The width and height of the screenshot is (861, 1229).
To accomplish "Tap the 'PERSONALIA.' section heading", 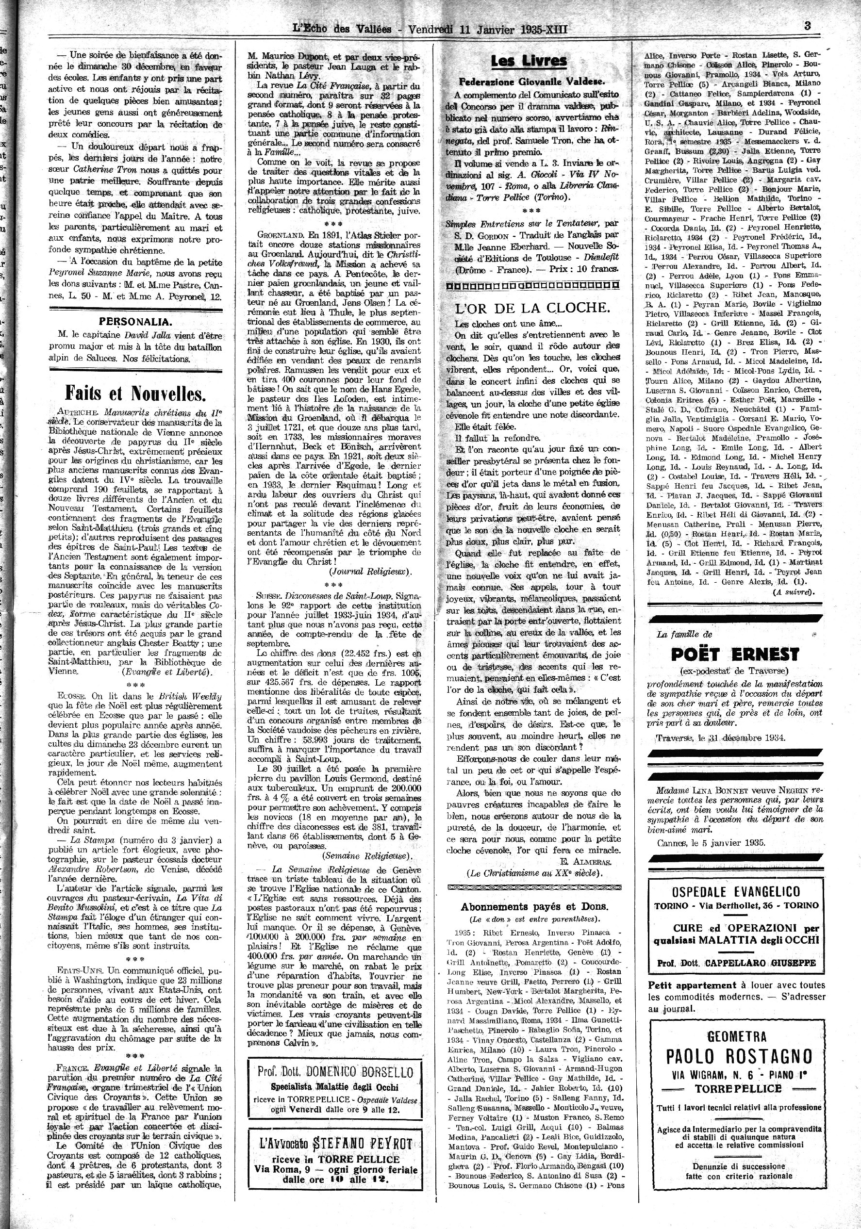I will [135, 321].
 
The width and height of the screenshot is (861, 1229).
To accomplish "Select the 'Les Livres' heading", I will [529, 61].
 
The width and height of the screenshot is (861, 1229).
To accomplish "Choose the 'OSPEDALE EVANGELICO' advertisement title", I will [736, 891].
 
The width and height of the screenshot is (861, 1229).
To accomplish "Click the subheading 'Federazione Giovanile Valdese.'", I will [532, 82].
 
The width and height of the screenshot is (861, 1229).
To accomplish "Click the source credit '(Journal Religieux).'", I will [370, 571].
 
